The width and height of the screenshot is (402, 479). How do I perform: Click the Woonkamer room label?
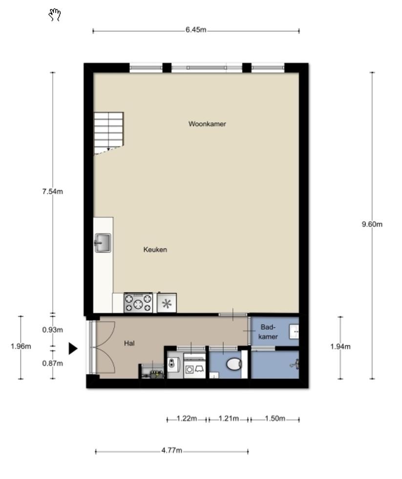[x=207, y=124]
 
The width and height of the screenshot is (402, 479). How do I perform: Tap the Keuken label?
[x=155, y=250]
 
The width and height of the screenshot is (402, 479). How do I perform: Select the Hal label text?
[x=129, y=343]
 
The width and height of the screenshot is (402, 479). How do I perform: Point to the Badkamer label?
[x=268, y=332]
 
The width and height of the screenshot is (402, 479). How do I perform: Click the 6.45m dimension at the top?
[x=196, y=30]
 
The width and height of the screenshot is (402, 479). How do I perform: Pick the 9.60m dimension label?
[x=372, y=224]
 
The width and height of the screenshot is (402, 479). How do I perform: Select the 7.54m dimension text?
[x=52, y=192]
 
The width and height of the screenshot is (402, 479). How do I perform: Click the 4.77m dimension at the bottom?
[x=171, y=450]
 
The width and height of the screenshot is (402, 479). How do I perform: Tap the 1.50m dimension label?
[x=275, y=418]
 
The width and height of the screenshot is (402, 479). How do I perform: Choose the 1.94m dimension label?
[x=340, y=347]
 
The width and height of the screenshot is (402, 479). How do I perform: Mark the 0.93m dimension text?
[x=52, y=330]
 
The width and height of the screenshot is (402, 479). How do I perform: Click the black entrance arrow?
[x=73, y=348]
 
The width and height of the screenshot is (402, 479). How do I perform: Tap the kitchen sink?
[x=103, y=243]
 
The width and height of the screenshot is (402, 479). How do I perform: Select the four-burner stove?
[x=138, y=303]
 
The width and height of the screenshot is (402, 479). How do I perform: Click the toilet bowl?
[x=234, y=364]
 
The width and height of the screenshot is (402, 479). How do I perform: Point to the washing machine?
[x=194, y=366]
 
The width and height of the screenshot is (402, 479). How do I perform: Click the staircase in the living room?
[x=108, y=133]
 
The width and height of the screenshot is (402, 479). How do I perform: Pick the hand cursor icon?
[x=55, y=15]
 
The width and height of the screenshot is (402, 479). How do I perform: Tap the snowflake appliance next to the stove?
[x=167, y=303]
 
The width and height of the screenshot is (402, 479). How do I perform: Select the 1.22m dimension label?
[x=187, y=418]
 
